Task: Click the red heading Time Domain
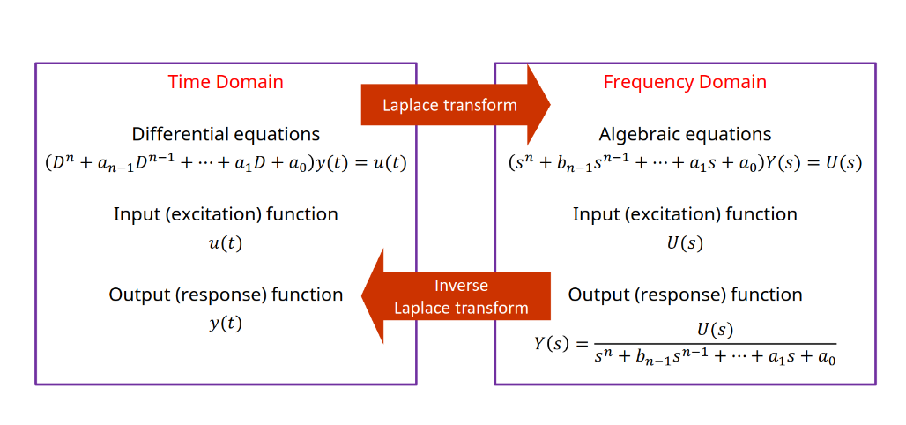(226, 82)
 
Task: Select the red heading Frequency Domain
(685, 82)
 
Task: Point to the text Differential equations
(226, 134)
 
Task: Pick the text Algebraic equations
(685, 134)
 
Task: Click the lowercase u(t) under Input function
(226, 243)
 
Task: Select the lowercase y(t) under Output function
(226, 324)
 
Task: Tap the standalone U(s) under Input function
(685, 243)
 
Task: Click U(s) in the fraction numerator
(715, 330)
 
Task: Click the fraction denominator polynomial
(715, 358)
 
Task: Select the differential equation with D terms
(226, 163)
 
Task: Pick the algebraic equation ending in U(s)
(685, 163)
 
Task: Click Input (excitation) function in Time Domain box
(226, 214)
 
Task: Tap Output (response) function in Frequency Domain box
(685, 295)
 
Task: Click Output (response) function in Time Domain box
(226, 295)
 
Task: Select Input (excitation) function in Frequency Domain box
(685, 214)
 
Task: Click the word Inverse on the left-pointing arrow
(461, 286)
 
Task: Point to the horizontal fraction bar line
(715, 344)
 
